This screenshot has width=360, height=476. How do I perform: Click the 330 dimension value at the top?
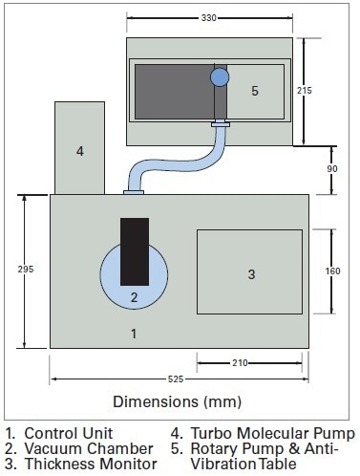208,17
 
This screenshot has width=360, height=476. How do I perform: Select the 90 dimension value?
332,169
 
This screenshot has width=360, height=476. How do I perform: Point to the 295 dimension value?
26,270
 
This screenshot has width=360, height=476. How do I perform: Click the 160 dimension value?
332,270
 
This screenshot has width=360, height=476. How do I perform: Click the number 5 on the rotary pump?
255,91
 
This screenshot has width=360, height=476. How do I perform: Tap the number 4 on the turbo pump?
79,151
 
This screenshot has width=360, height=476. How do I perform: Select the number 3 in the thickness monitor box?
251,274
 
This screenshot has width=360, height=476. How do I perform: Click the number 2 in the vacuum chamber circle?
134,296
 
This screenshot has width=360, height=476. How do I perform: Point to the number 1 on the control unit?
134,334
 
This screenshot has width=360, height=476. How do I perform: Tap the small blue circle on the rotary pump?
221,76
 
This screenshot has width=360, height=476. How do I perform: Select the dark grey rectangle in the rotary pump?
172,91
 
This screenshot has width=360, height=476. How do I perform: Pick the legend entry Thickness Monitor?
80,464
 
